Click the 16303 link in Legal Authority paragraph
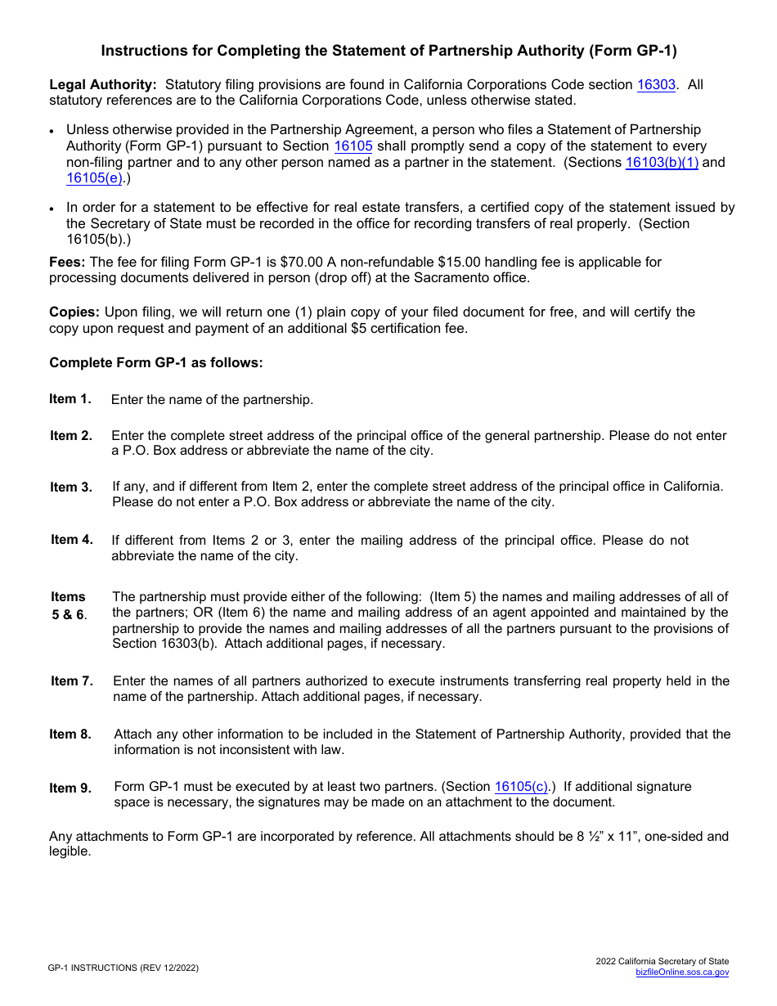(x=656, y=85)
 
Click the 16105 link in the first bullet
(x=353, y=146)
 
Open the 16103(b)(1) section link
(x=662, y=163)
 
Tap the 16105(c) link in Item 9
(x=521, y=787)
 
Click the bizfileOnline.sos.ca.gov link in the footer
(x=682, y=972)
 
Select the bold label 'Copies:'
(x=74, y=312)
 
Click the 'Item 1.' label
(x=70, y=399)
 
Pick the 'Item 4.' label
(x=72, y=540)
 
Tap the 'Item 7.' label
(x=72, y=681)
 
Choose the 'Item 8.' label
(x=70, y=734)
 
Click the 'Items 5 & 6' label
(x=69, y=606)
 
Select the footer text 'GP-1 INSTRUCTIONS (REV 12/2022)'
(x=123, y=968)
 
